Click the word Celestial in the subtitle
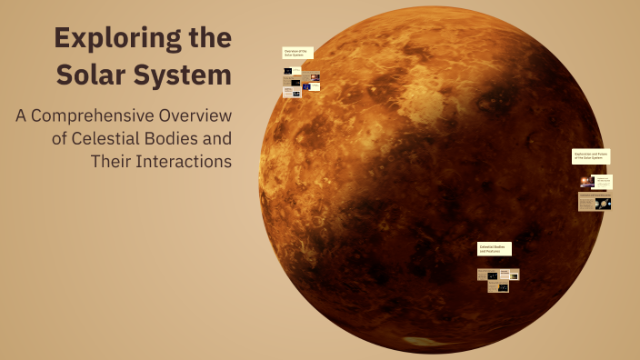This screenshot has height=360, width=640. coord(105,139)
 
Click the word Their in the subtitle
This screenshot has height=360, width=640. coord(110,162)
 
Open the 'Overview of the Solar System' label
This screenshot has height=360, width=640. coord(298,53)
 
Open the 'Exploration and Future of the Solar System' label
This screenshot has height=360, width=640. coord(591,156)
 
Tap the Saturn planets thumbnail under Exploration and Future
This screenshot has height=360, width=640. coord(603,204)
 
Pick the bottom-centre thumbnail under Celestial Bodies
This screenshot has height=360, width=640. coord(498,286)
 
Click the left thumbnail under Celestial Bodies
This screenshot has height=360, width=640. coord(483,275)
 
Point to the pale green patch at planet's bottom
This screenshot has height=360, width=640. coord(419,343)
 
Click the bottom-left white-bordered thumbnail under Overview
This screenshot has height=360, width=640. coord(289,91)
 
